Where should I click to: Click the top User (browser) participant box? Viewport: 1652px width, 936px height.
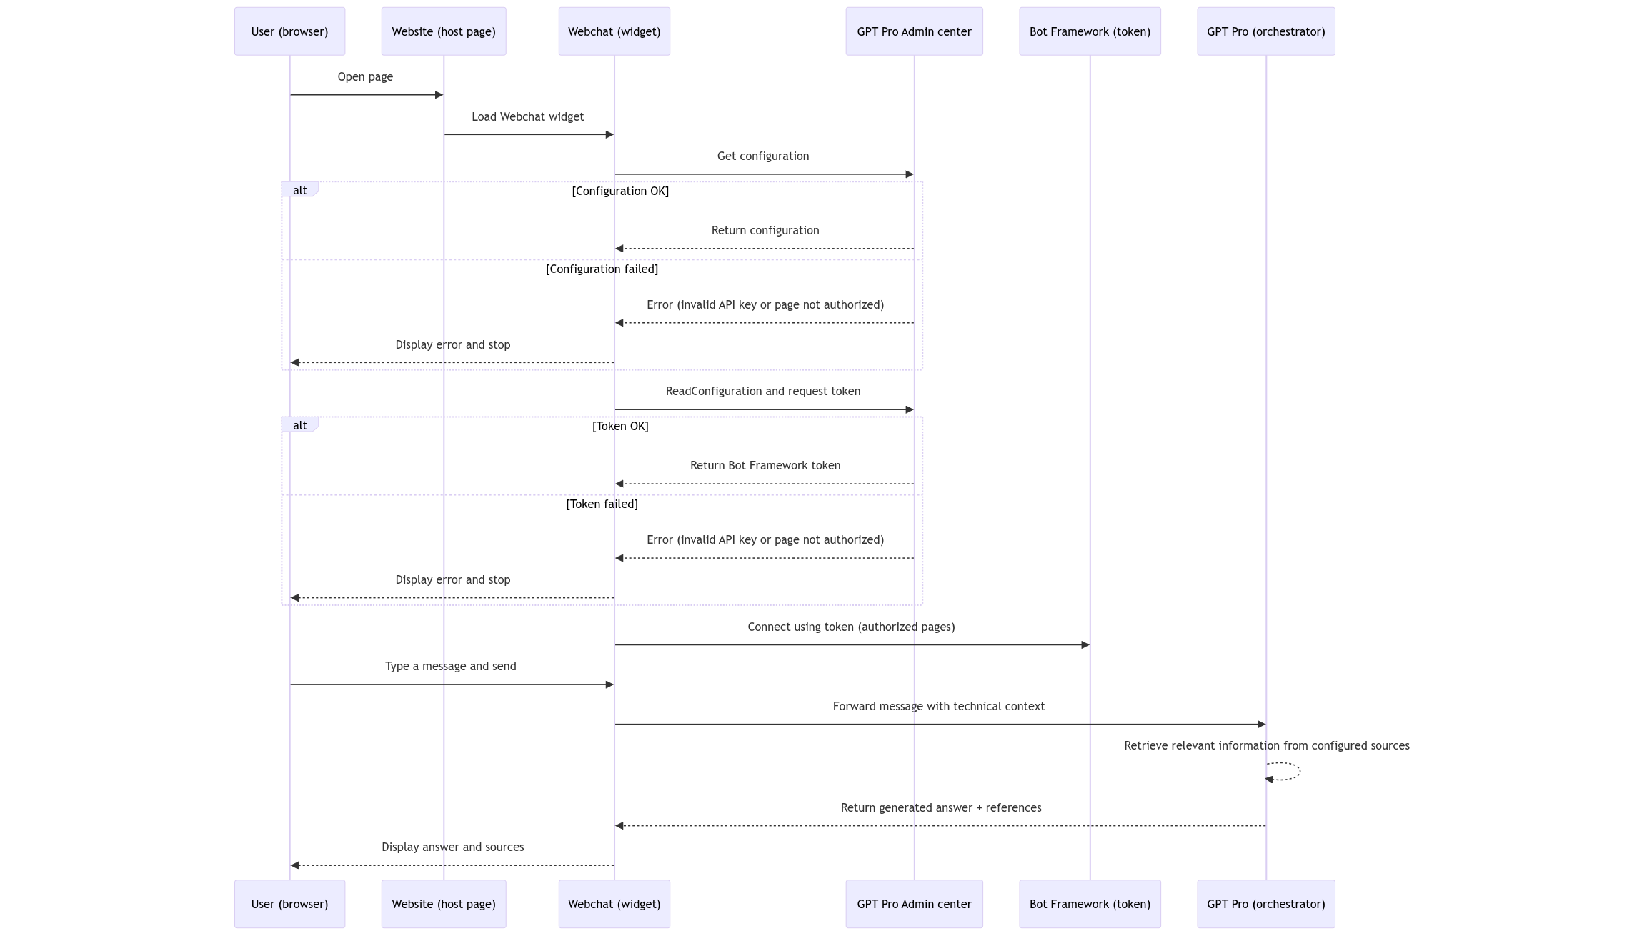(289, 31)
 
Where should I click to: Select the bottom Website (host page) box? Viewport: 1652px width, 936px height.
(443, 904)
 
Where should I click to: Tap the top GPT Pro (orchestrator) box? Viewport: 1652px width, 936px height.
(1265, 31)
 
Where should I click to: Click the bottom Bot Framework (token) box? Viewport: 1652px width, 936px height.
(1090, 904)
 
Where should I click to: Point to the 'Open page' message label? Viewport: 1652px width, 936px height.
(365, 77)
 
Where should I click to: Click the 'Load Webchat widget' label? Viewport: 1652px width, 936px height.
(527, 117)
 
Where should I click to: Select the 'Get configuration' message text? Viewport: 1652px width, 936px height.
(763, 156)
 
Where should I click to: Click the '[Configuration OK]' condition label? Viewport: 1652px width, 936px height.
(620, 191)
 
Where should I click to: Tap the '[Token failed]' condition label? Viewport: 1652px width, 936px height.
(602, 504)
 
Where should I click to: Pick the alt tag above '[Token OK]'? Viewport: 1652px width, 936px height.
(299, 426)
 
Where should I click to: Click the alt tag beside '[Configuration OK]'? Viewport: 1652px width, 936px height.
(299, 191)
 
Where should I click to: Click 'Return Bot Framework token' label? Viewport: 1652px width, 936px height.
(765, 466)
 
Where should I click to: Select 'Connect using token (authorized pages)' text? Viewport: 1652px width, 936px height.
(851, 627)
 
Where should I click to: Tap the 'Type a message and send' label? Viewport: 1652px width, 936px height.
(450, 667)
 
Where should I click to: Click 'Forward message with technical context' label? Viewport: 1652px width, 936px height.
(938, 707)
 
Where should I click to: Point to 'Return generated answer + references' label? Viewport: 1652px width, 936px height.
(940, 808)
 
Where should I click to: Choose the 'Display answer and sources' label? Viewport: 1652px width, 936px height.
(452, 847)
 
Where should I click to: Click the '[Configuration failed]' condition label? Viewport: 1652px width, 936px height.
(602, 269)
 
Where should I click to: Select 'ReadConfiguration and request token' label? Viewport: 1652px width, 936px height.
(762, 392)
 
